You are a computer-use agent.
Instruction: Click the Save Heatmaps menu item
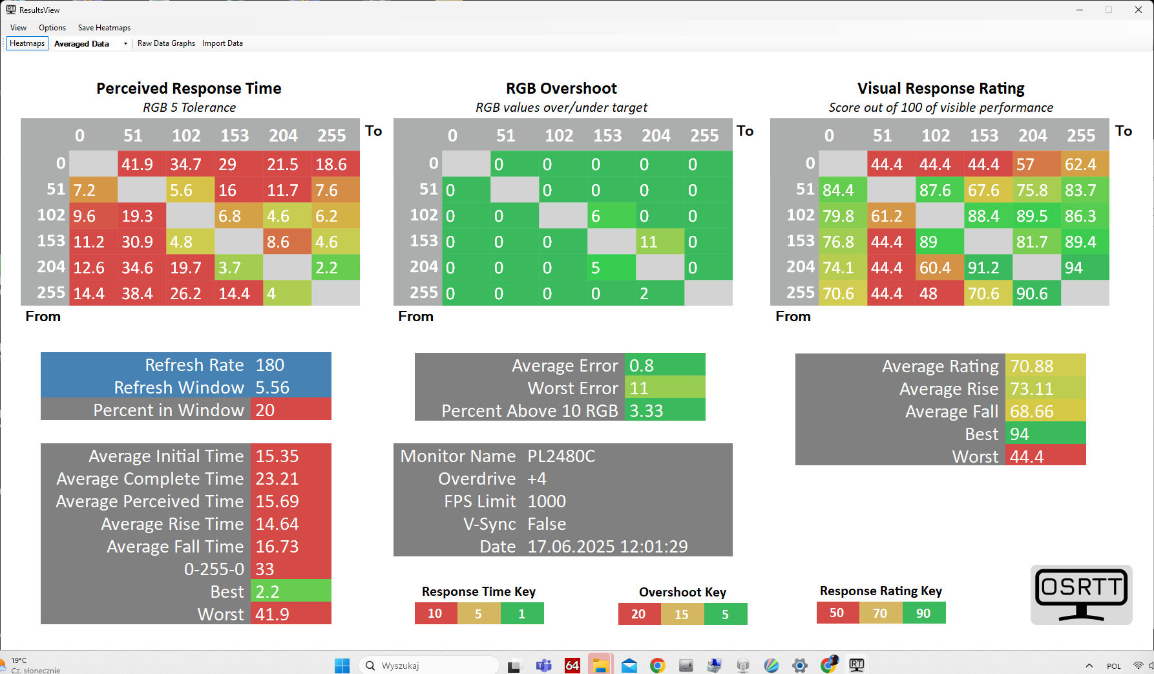pos(104,28)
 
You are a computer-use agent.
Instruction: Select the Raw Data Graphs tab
pos(166,43)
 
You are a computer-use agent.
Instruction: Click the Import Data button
pos(222,43)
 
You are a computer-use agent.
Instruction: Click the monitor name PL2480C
pos(561,456)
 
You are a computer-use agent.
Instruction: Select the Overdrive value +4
pos(537,479)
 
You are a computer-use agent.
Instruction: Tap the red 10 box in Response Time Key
pos(435,613)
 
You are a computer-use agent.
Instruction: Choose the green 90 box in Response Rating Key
pos(923,613)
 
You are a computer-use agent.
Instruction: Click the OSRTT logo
pos(1081,595)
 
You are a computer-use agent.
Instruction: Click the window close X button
pos(1138,10)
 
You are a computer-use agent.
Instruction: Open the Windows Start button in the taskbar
pos(342,666)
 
